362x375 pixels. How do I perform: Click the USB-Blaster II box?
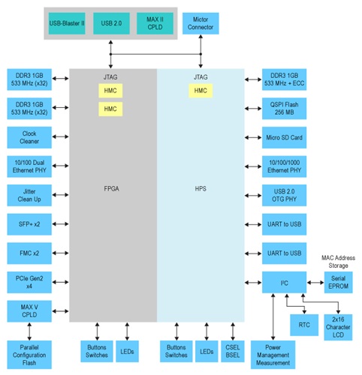tap(67, 22)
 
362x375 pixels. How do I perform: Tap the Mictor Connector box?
tap(201, 22)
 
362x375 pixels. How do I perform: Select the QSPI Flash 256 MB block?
tap(284, 109)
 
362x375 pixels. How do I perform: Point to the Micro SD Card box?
tap(284, 137)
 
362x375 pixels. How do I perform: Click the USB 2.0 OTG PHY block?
tap(284, 195)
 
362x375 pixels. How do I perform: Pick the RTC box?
tap(303, 325)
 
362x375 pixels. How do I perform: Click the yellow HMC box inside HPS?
tap(200, 90)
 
